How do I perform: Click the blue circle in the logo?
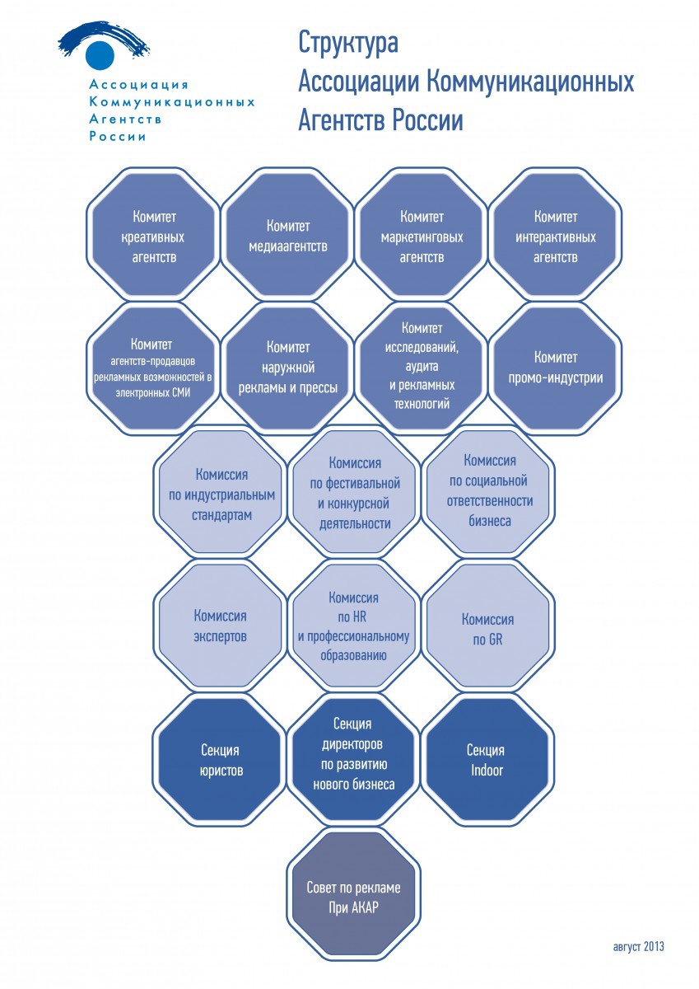click(100, 54)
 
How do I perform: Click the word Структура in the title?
click(348, 43)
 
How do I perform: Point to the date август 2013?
click(639, 946)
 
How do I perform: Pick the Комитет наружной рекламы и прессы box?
click(287, 368)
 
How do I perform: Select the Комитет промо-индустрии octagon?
click(556, 368)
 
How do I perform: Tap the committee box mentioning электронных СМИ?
click(154, 368)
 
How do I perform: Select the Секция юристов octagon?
click(221, 759)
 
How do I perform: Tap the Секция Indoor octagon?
click(488, 759)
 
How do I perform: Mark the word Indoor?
click(487, 770)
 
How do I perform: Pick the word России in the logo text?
click(118, 137)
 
